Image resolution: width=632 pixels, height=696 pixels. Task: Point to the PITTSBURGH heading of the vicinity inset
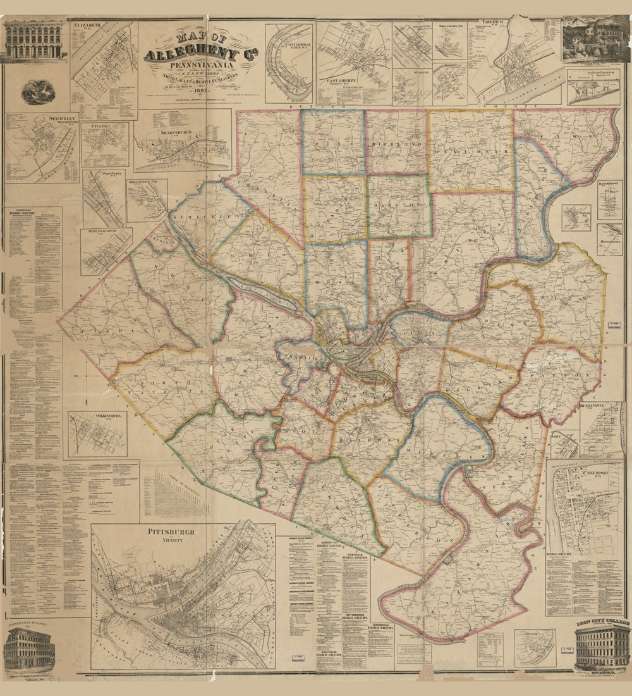tap(172, 532)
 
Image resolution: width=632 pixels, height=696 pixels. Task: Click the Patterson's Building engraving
tap(28, 649)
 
